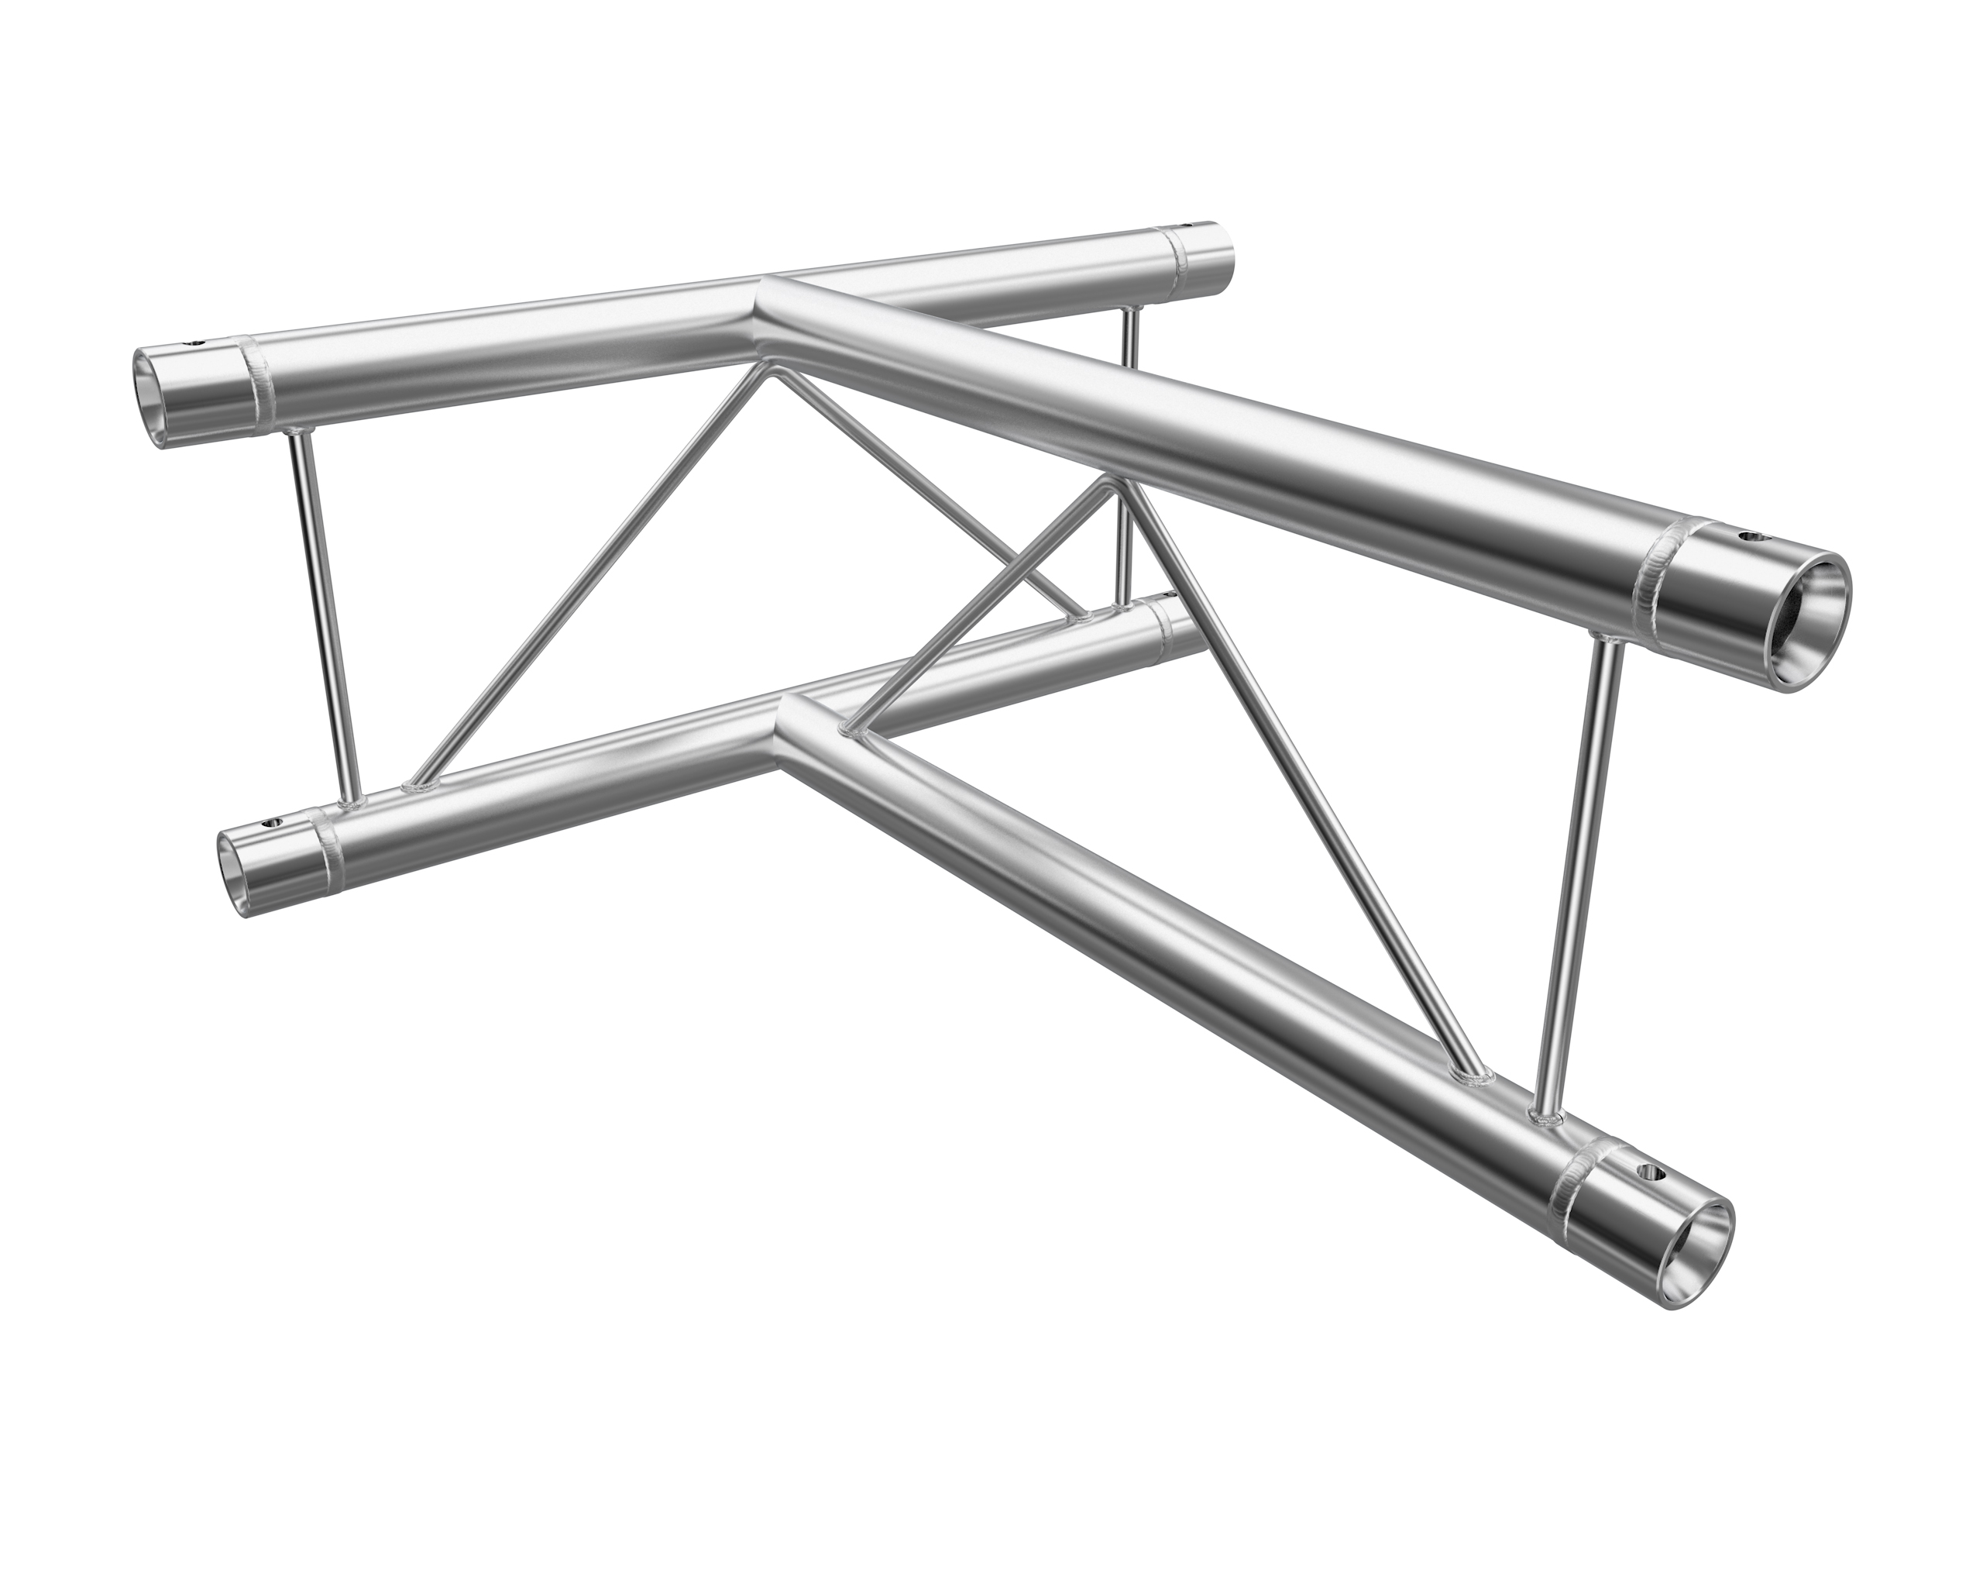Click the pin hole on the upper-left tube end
[x=196, y=345]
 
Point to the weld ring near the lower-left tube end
[x=328, y=837]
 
